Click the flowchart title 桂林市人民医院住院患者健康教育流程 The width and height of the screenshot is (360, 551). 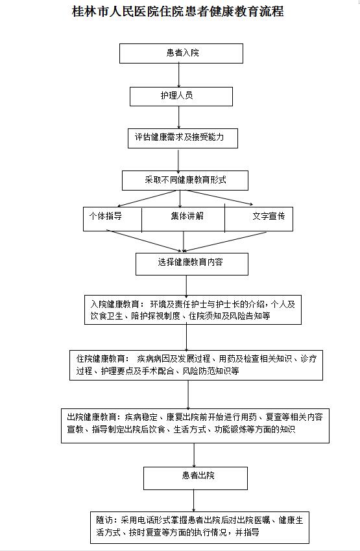pos(178,12)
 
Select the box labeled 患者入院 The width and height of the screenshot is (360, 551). pos(181,53)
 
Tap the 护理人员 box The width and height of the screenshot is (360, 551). pos(181,97)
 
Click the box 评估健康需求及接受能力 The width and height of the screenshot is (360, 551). pos(182,138)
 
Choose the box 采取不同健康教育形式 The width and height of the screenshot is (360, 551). pos(185,181)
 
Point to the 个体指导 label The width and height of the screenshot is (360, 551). pos(106,216)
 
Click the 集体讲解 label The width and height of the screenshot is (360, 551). pos(187,216)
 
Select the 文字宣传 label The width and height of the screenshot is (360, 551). pos(269,216)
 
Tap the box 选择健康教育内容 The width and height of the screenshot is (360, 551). pos(192,264)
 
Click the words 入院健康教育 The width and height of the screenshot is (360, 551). pos(115,304)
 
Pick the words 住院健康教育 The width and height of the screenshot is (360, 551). pos(101,358)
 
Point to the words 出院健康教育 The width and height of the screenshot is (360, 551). pos(91,417)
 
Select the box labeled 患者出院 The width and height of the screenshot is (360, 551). pos(195,478)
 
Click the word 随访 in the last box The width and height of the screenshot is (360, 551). pos(104,520)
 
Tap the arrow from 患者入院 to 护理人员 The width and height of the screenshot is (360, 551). pos(179,75)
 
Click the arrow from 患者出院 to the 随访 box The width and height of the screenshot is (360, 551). pos(193,500)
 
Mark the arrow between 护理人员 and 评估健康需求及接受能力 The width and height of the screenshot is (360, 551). pos(179,117)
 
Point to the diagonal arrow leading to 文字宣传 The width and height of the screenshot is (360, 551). pos(219,197)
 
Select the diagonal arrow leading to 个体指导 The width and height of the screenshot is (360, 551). pos(147,198)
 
